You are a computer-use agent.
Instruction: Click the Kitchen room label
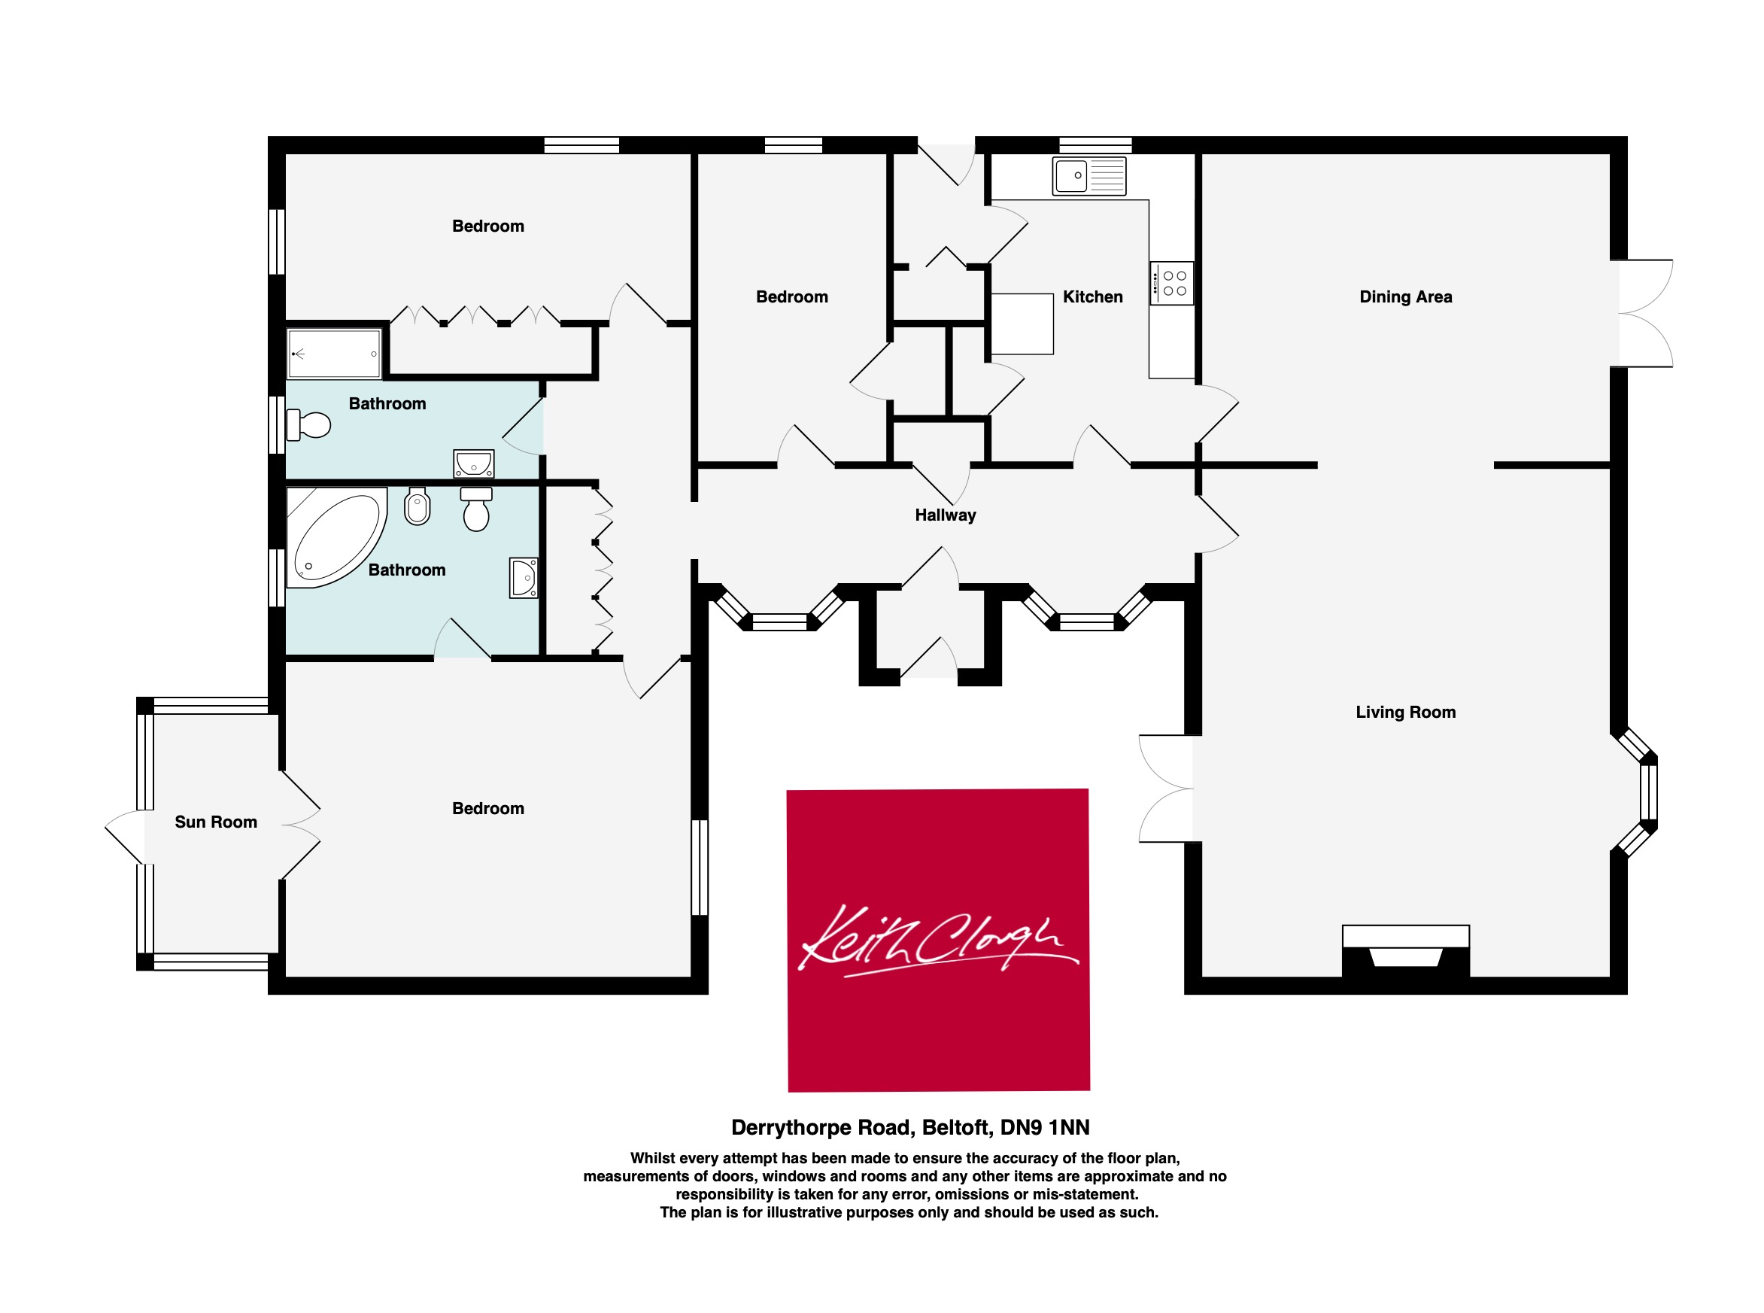[x=1092, y=297]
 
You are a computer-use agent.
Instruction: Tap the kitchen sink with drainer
[x=1089, y=175]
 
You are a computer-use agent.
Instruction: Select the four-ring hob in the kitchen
[x=1171, y=283]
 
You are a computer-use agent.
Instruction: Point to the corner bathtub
[x=337, y=537]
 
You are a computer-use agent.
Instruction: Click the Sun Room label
[x=216, y=822]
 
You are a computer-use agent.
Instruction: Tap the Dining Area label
[x=1406, y=297]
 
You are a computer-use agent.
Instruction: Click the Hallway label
[x=946, y=515]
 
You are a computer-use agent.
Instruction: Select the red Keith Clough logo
[x=938, y=941]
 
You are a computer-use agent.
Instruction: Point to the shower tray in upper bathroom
[x=335, y=354]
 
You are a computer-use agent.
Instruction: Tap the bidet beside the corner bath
[x=417, y=506]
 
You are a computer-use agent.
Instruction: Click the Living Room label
[x=1406, y=712]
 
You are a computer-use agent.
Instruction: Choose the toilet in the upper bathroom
[x=308, y=424]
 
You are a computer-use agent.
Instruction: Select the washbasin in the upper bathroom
[x=474, y=464]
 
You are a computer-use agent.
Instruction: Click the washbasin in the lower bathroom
[x=524, y=577]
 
